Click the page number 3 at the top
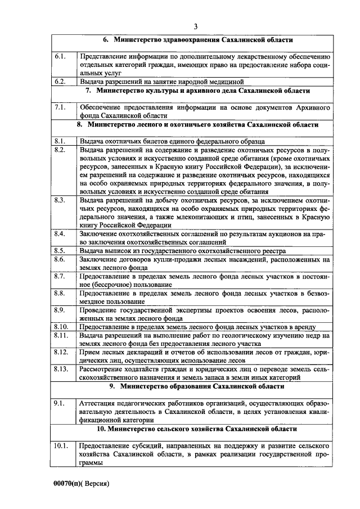click(x=195, y=26)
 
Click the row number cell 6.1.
click(x=61, y=57)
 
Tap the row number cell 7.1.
click(x=61, y=106)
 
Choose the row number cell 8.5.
click(x=61, y=250)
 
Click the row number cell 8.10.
click(x=61, y=326)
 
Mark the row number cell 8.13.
click(x=61, y=368)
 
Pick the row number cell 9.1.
click(x=61, y=403)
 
